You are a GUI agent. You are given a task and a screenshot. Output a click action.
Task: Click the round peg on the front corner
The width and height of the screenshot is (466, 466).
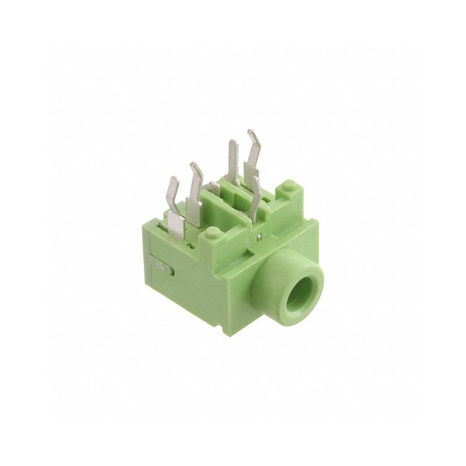pos(213,233)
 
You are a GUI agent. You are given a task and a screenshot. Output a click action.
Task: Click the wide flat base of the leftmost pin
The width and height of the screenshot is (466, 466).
pos(175,224)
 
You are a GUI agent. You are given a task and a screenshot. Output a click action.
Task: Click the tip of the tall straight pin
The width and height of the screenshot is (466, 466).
pos(233,144)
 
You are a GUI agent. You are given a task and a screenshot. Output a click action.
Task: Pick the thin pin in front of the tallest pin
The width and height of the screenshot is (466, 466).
pos(255,198)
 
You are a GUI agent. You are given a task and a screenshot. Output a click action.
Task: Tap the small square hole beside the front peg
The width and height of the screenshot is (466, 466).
pos(191,245)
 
